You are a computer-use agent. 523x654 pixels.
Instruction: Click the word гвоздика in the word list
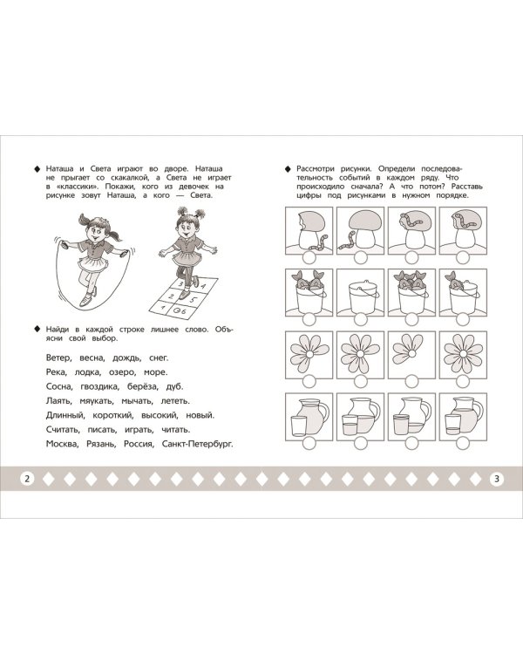pyautogui.click(x=99, y=386)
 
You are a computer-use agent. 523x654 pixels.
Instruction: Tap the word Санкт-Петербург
pyautogui.click(x=197, y=444)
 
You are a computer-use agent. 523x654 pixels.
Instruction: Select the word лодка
pyautogui.click(x=87, y=372)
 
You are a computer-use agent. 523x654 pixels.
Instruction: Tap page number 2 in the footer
pyautogui.click(x=27, y=479)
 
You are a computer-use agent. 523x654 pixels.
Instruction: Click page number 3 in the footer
pyautogui.click(x=496, y=479)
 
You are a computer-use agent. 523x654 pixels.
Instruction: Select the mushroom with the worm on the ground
pyautogui.click(x=360, y=230)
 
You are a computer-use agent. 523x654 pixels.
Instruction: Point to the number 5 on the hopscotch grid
pyautogui.click(x=193, y=299)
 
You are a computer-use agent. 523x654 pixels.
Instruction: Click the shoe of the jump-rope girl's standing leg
pyautogui.click(x=86, y=300)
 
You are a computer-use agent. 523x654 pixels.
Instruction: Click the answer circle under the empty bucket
pyautogui.click(x=360, y=319)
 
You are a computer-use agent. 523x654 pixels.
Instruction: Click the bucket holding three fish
pyautogui.click(x=411, y=292)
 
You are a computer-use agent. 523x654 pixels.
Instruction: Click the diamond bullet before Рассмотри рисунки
pyautogui.click(x=287, y=169)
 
